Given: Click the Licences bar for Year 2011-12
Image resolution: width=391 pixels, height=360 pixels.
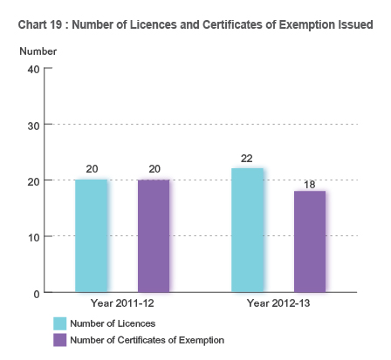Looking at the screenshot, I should coord(92,235).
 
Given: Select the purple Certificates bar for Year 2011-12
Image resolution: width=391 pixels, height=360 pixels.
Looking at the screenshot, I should coord(154,235).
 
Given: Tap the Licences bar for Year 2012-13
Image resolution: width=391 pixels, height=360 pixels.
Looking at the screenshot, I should coord(247,230).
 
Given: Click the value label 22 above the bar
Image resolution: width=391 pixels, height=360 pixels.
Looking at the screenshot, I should coord(247,159).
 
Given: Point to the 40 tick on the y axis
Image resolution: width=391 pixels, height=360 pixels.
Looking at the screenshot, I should coord(34,68).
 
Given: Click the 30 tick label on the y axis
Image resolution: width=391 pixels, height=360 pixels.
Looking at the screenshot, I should coord(34,125).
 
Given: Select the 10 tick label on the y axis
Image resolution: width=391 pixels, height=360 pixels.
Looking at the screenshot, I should coord(34,237).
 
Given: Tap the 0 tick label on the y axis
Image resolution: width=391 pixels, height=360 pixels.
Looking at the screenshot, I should coord(37,294).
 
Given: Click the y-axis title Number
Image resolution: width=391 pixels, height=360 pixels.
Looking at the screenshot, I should coord(38,51).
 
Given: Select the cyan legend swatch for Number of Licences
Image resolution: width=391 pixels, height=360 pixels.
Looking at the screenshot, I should coord(60,323).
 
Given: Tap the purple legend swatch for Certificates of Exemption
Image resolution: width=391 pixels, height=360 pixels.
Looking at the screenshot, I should coord(60,340).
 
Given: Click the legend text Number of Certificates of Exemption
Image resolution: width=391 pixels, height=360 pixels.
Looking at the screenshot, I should coord(147,340).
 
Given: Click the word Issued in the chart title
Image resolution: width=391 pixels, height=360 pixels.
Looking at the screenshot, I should coord(354,24).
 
